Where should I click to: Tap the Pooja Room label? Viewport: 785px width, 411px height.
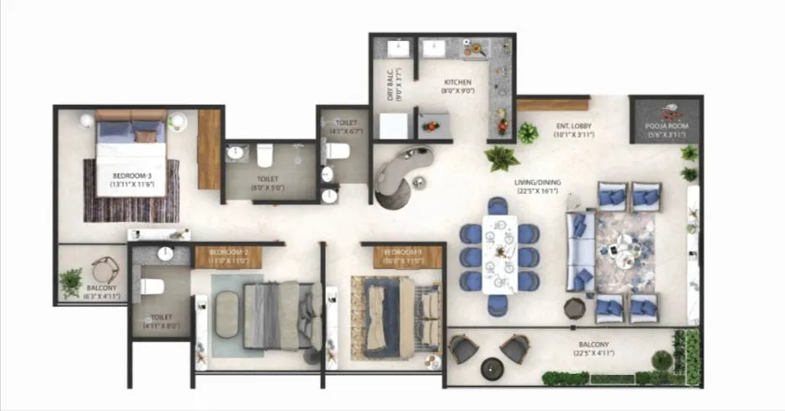[x=667, y=127]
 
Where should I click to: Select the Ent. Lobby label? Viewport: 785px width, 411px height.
[x=574, y=127]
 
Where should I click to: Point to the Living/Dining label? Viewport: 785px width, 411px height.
[x=538, y=182]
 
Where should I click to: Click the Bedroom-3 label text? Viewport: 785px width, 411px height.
[x=132, y=175]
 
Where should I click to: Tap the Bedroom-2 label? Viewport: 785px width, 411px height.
[x=229, y=252]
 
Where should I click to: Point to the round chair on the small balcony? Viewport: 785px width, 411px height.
[x=106, y=269]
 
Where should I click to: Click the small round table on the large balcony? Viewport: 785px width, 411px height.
[x=491, y=367]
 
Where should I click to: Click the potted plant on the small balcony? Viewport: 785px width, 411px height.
[x=71, y=281]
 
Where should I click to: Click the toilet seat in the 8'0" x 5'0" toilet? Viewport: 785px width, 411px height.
[x=266, y=154]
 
